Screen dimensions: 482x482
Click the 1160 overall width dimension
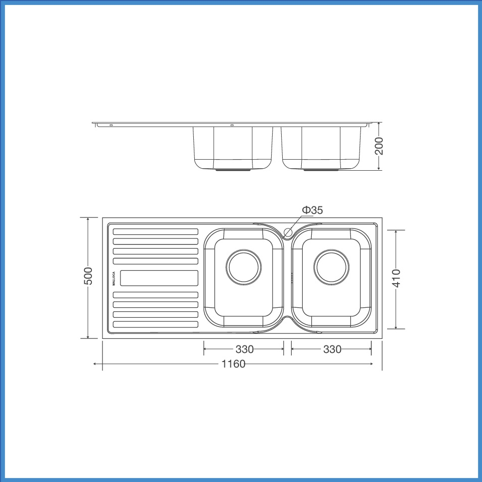(x=233, y=364)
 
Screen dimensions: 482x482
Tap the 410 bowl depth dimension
(x=396, y=279)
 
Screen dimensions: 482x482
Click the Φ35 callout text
(x=312, y=210)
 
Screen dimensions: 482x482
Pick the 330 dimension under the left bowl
(x=245, y=349)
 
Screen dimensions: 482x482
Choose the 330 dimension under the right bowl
(x=332, y=349)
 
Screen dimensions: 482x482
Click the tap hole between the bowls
(x=288, y=232)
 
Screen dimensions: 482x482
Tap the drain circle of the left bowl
(x=244, y=266)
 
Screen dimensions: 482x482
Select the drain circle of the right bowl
(x=332, y=266)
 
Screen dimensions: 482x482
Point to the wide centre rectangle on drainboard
(x=159, y=278)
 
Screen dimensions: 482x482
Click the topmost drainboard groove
(x=156, y=231)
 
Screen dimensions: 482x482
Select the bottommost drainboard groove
(x=156, y=324)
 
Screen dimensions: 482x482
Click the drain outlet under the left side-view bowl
(x=233, y=170)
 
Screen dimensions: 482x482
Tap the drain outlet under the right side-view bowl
(x=321, y=170)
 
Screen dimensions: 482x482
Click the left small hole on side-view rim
(x=111, y=125)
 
